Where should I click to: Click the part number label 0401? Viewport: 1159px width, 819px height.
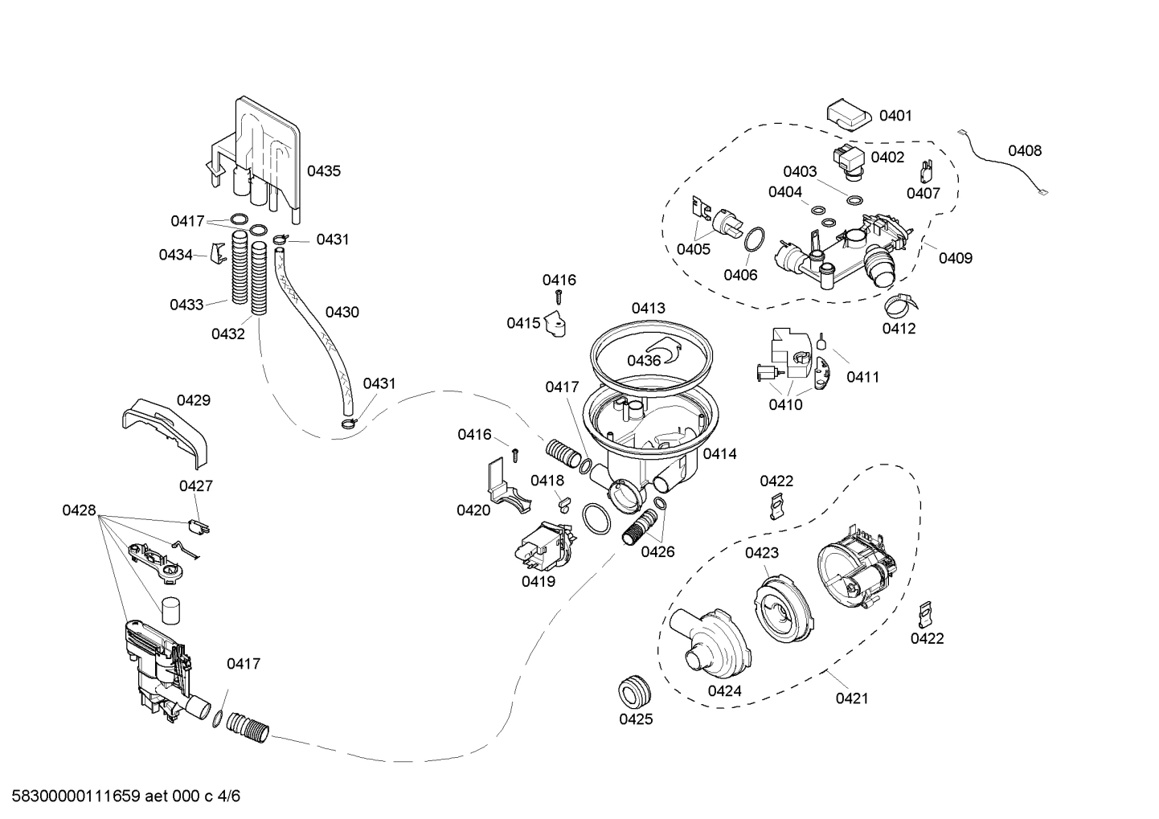coord(895,116)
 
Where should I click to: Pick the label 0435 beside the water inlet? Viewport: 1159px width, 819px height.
coord(324,170)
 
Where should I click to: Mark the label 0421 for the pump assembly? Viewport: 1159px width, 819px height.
coord(852,698)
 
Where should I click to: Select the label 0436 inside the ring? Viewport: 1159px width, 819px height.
coord(644,361)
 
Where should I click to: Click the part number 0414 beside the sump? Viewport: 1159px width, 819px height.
coord(719,454)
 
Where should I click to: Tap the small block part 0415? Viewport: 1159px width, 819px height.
coord(555,324)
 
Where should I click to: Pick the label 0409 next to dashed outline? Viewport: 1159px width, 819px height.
coord(956,258)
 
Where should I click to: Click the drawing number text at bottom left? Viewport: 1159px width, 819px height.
coord(121,796)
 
